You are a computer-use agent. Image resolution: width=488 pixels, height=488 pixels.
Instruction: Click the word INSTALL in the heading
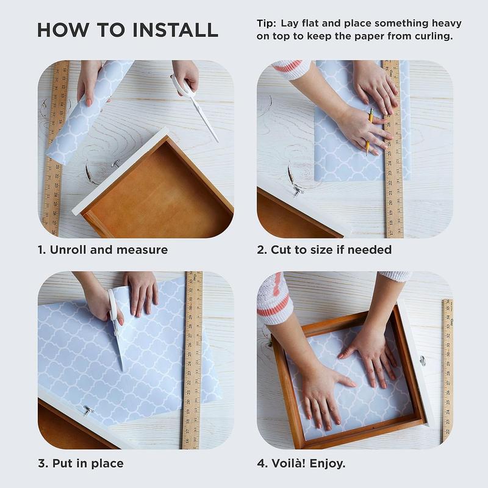pyautogui.click(x=175, y=30)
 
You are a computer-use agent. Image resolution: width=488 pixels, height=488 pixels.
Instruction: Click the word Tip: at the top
pyautogui.click(x=266, y=23)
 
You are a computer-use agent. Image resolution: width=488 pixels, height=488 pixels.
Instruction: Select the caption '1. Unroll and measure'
pyautogui.click(x=102, y=249)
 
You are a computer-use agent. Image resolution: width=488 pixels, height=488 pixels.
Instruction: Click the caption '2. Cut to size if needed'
pyautogui.click(x=324, y=249)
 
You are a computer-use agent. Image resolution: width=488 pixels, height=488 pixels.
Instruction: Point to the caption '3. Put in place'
pyautogui.click(x=81, y=463)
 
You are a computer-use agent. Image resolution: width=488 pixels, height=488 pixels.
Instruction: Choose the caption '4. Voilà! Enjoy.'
pyautogui.click(x=301, y=463)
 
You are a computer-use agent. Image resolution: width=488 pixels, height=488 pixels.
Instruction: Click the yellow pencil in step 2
pyautogui.click(x=370, y=131)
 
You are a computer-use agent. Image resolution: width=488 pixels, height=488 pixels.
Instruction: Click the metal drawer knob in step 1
pyautogui.click(x=117, y=163)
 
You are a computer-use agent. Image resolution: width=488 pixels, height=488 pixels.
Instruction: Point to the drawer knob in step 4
pyautogui.click(x=422, y=361)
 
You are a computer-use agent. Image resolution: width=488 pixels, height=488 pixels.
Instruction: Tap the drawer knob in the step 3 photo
pyautogui.click(x=87, y=411)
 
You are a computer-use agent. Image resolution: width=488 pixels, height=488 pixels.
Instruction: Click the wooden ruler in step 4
pyautogui.click(x=447, y=371)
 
